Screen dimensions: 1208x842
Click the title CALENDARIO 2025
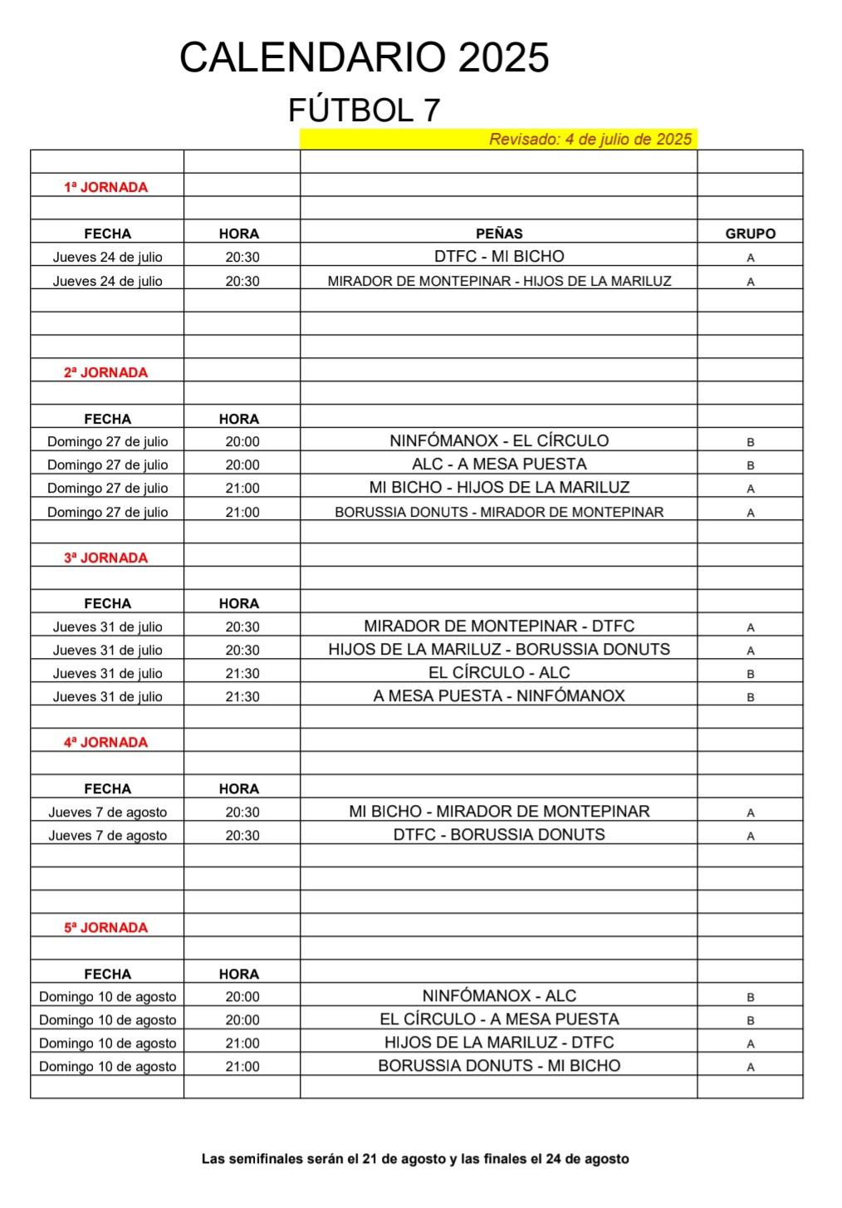coord(364,58)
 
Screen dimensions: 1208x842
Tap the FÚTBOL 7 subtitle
coord(364,110)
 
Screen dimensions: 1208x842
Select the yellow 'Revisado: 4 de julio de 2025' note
coord(590,139)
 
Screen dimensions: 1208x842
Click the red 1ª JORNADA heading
coord(105,188)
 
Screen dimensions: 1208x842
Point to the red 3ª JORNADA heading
coord(105,558)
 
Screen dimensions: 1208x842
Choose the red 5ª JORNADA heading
coord(105,928)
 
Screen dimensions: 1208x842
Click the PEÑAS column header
coord(499,233)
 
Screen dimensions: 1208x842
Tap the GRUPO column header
coord(750,233)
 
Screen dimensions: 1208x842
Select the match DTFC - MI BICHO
coord(499,257)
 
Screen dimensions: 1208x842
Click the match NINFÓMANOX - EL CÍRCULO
coord(499,441)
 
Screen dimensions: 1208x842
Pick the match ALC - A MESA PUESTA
coord(499,464)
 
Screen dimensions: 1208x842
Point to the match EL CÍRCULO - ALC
coord(499,673)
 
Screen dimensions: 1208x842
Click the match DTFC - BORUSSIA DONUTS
coord(499,835)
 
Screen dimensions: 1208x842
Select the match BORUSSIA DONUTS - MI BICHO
coord(499,1066)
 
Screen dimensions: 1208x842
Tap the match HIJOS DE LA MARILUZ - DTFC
coord(499,1043)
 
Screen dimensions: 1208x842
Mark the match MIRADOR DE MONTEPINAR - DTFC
coord(499,626)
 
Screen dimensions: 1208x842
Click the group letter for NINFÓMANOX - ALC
coord(751,997)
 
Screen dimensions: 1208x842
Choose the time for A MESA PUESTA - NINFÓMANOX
coord(242,697)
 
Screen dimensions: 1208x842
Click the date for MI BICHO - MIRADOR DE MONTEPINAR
coord(107,813)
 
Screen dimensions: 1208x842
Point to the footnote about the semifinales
coord(415,1159)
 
